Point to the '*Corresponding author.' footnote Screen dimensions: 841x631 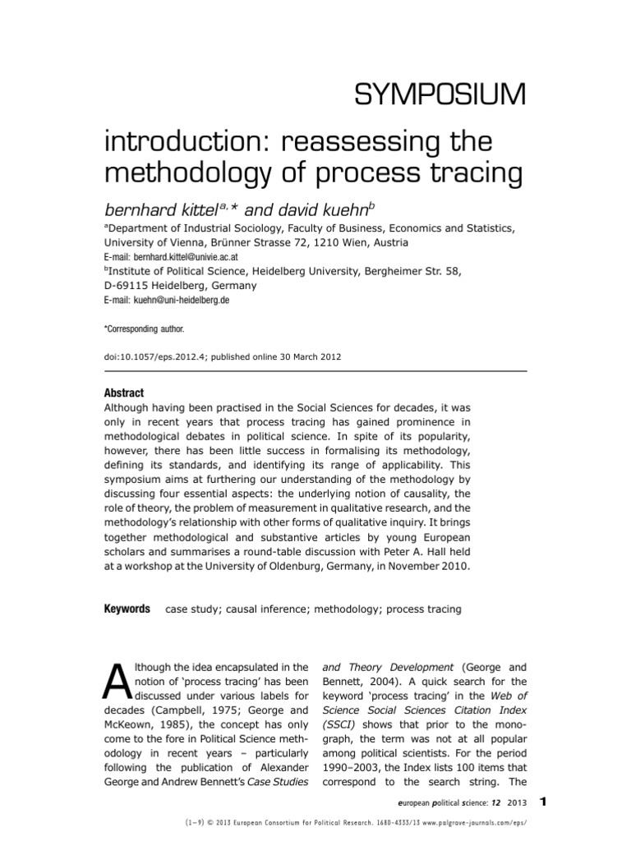point(145,329)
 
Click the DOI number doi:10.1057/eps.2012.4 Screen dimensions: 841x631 point(156,357)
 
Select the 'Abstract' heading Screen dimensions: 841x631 point(123,393)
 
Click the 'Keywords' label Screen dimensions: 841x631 point(127,609)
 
